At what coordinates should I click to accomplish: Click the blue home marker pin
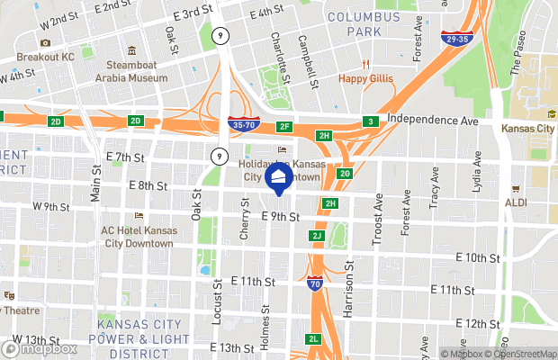click(279, 178)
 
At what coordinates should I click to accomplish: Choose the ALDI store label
click(517, 203)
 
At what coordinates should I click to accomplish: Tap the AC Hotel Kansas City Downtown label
click(139, 236)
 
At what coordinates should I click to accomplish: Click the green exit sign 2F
click(285, 127)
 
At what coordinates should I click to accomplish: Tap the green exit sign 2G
click(345, 174)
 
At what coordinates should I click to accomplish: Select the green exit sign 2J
click(316, 236)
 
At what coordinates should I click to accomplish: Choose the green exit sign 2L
click(313, 338)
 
